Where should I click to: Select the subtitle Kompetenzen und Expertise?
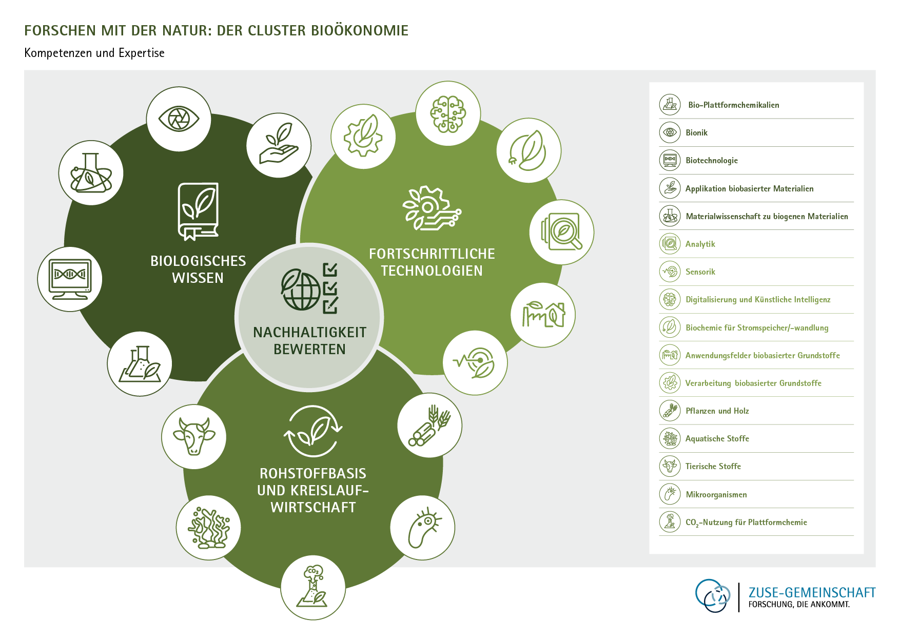[94, 53]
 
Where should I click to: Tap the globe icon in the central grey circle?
[301, 289]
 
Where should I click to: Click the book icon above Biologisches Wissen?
[198, 211]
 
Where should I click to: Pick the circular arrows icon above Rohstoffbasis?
[312, 431]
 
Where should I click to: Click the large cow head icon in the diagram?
[193, 436]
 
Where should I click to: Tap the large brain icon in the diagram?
[448, 113]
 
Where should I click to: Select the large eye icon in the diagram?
[179, 119]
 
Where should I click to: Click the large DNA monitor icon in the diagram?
[70, 279]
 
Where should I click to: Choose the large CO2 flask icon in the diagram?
[313, 588]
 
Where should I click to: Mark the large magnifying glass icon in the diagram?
[562, 232]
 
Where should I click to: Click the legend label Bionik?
[696, 133]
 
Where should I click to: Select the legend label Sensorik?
[700, 272]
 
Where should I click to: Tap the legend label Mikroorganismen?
[716, 495]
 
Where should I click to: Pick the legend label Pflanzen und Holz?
[717, 411]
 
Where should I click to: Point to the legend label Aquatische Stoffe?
[717, 439]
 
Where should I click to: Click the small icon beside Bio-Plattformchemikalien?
[670, 105]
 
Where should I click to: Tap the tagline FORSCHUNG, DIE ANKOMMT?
[798, 605]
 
